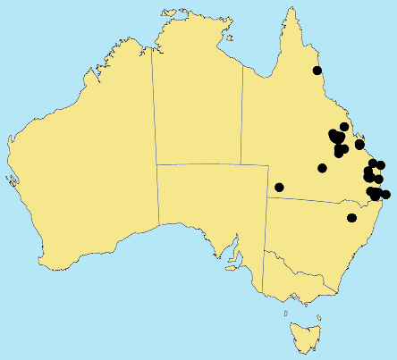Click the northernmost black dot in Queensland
click(x=316, y=71)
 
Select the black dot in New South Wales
click(x=351, y=218)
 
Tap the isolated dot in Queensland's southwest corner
click(x=279, y=187)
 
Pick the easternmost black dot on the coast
click(x=385, y=195)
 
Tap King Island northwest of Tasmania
click(x=285, y=313)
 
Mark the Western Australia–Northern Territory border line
click(x=154, y=134)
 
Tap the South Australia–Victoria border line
click(x=264, y=272)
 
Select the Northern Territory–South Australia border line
click(x=210, y=164)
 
